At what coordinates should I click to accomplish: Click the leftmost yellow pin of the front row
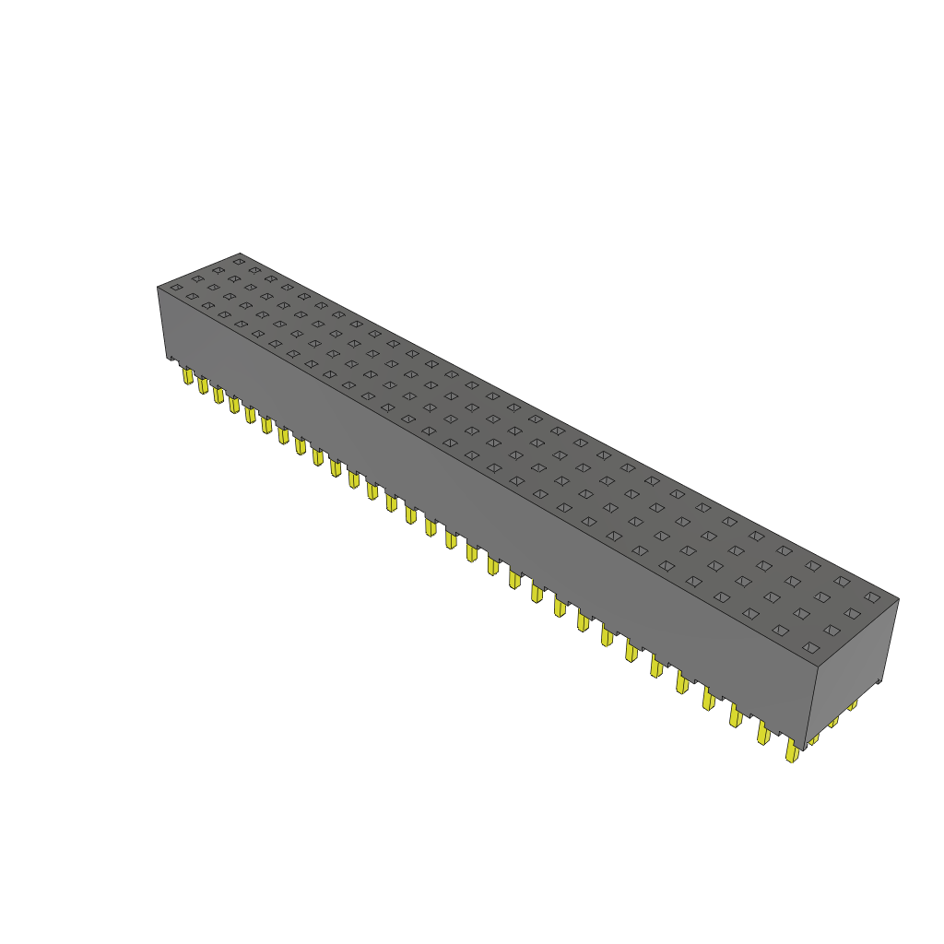[188, 375]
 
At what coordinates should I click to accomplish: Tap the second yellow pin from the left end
[203, 384]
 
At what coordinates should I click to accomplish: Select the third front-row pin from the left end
[218, 395]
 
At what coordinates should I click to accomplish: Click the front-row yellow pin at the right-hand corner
[792, 751]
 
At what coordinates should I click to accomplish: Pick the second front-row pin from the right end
[763, 733]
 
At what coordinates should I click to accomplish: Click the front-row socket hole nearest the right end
[811, 649]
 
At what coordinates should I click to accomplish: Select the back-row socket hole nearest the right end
[872, 597]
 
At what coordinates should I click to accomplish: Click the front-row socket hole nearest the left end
[176, 288]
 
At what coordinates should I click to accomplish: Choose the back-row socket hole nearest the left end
[238, 262]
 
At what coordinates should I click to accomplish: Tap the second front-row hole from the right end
[781, 631]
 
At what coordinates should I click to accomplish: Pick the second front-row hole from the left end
[192, 297]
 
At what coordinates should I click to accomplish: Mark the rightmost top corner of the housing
[899, 598]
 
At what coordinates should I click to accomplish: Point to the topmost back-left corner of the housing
[240, 253]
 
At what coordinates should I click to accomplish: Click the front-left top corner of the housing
[158, 287]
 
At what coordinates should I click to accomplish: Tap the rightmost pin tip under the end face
[853, 706]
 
